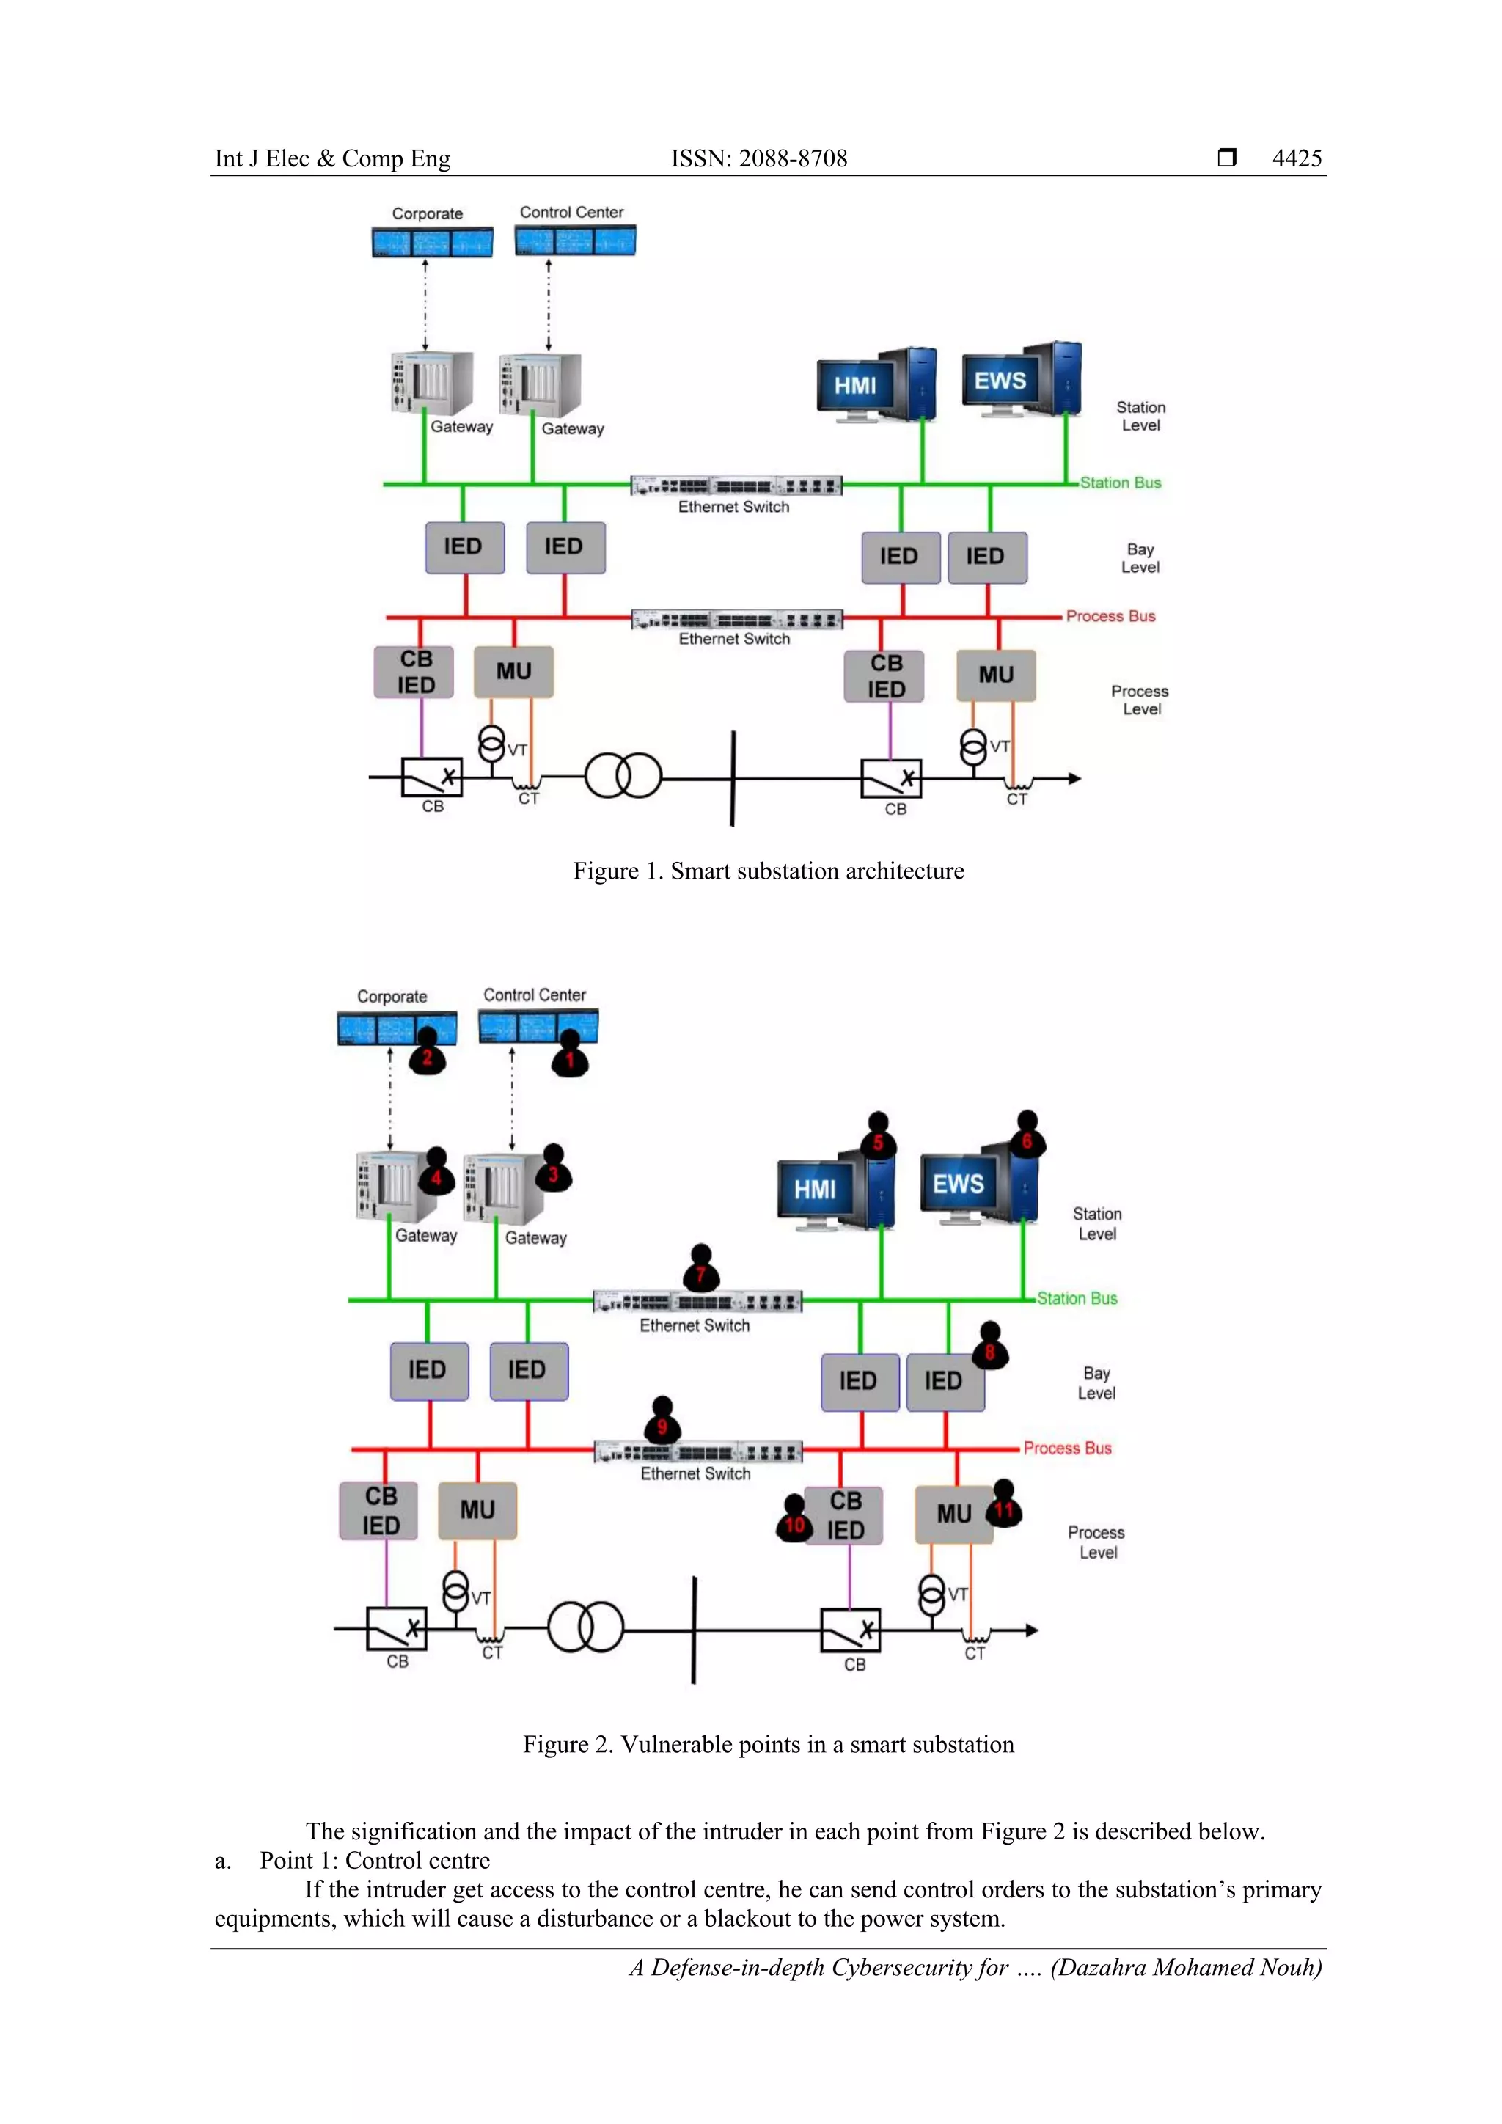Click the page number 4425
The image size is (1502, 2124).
coord(1297,158)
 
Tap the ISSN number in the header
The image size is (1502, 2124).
coord(758,158)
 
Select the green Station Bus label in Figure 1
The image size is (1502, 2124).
coord(1120,483)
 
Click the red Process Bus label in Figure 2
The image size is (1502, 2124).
coord(1067,1448)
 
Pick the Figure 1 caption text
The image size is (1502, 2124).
coord(768,871)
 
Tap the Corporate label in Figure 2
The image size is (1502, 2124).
coord(392,996)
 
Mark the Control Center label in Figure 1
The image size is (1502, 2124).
coord(571,212)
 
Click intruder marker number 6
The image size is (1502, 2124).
coord(1027,1137)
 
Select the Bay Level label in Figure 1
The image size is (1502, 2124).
coord(1140,558)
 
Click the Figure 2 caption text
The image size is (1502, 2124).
coord(768,1744)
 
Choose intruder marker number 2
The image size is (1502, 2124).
coord(428,1055)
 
